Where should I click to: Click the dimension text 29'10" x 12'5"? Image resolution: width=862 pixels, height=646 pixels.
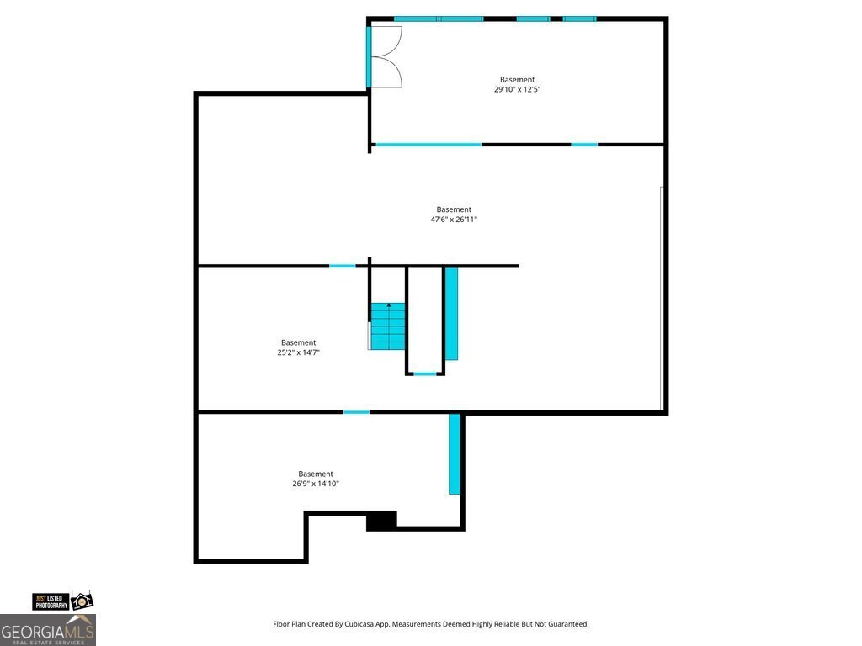click(517, 89)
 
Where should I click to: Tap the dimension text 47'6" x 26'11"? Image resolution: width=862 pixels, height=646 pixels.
click(454, 220)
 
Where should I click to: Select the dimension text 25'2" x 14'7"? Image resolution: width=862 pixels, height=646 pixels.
click(299, 352)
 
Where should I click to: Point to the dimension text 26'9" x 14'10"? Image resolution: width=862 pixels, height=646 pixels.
click(316, 484)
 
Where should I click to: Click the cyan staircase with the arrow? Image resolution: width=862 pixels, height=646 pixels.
click(388, 326)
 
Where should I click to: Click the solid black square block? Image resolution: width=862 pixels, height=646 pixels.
click(381, 522)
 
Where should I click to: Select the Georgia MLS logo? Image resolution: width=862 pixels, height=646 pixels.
click(48, 629)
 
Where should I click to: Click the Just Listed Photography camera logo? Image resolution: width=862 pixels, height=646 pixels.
click(63, 601)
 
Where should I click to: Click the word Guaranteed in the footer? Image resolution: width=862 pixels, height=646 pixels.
click(567, 624)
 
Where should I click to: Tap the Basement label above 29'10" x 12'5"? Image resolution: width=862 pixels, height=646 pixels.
click(517, 80)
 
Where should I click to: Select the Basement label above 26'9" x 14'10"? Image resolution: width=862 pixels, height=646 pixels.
click(316, 474)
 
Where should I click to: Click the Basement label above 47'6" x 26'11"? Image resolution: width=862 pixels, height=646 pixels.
click(454, 209)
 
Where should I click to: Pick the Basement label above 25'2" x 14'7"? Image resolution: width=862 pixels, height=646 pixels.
click(299, 342)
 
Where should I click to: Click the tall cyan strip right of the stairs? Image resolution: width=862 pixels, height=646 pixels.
click(451, 314)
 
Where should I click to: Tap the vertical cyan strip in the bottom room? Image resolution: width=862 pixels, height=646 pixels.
click(455, 453)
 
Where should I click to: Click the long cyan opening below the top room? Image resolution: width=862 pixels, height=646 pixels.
click(428, 145)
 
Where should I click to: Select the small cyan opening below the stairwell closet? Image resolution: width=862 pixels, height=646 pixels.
click(425, 373)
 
